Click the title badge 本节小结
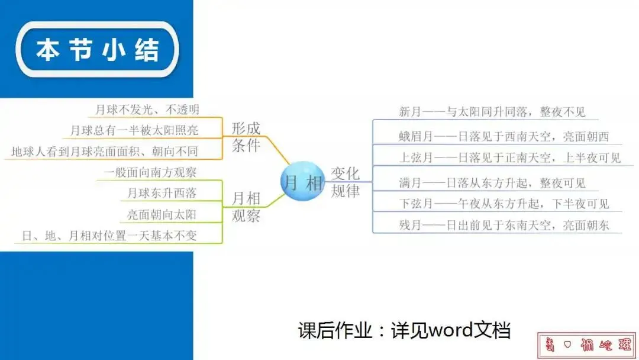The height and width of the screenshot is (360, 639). coord(98,50)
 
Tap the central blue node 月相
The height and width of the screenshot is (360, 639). coord(302,182)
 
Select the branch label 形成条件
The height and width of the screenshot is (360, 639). coord(246,137)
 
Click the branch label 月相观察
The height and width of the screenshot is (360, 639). coord(246,205)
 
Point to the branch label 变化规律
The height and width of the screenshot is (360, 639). coord(346,182)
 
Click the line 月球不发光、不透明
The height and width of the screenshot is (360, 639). coord(147,110)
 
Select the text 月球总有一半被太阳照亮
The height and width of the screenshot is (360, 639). coord(134,130)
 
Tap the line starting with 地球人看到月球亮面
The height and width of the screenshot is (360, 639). coord(105,152)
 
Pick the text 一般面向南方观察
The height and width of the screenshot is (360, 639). coord(150,172)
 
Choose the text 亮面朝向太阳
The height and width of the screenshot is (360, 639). coord(162,214)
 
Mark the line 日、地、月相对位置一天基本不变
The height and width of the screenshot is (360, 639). coord(109,235)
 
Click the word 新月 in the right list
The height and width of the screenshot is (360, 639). coord(410,111)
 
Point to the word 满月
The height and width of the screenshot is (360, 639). coord(410,183)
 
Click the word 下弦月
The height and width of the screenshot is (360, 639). coord(415,204)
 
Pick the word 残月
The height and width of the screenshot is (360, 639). coord(410,225)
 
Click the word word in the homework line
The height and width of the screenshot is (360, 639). coord(451,330)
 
